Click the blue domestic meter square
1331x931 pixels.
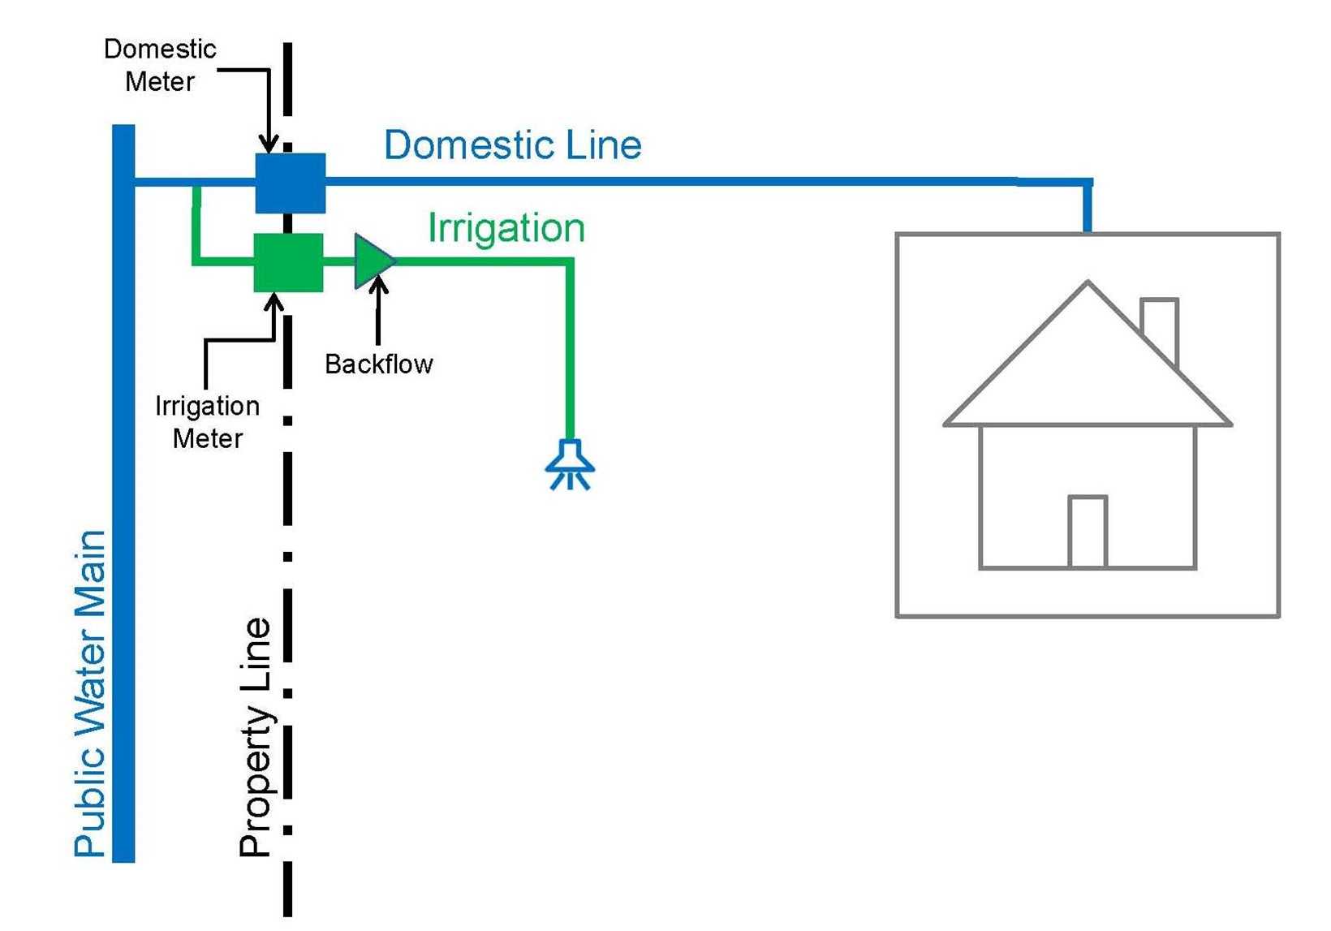(x=291, y=183)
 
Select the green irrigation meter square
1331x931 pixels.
(x=289, y=262)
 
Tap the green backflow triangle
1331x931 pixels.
(x=373, y=261)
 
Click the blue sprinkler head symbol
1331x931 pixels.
(x=570, y=465)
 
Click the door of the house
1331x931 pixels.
(x=1088, y=532)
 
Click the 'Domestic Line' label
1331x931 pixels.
(x=513, y=145)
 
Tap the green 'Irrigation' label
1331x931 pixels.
(x=506, y=228)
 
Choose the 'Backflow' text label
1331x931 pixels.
(x=379, y=364)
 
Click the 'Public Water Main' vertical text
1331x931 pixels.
(x=90, y=694)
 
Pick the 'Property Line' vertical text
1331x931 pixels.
(x=256, y=737)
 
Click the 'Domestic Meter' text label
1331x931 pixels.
(x=160, y=65)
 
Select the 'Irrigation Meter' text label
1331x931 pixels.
(x=208, y=422)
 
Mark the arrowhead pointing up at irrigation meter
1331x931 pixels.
(x=274, y=302)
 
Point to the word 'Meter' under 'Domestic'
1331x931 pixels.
(x=160, y=82)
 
